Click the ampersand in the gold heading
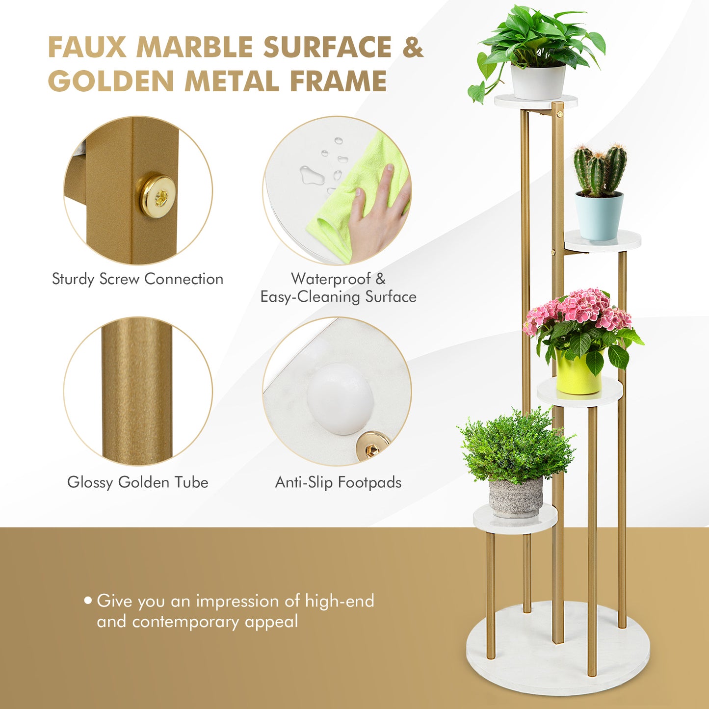pos(413,48)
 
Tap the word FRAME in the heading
pos(338,81)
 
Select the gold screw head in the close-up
pos(157,196)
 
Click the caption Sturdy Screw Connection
pos(137,279)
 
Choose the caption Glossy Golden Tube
pos(137,482)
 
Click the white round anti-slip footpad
pos(340,398)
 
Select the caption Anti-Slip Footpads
pos(338,482)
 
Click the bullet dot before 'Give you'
pos(88,600)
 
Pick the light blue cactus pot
pos(599,216)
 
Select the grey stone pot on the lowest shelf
pos(516,497)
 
